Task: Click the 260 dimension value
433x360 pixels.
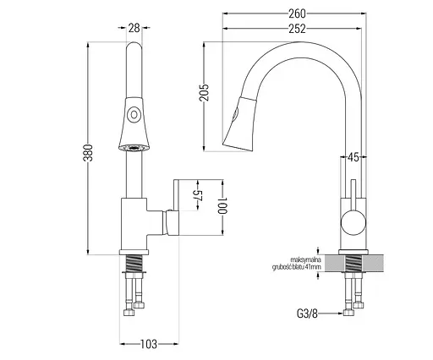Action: click(x=297, y=14)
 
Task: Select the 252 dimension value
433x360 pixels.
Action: click(x=297, y=29)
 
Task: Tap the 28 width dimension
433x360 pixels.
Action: click(x=134, y=28)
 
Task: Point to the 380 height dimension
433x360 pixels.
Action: click(x=88, y=152)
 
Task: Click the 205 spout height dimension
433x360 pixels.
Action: click(x=204, y=92)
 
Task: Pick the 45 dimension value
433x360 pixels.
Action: click(x=353, y=157)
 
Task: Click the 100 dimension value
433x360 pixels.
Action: click(x=222, y=205)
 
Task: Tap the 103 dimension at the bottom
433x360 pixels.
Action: click(x=148, y=344)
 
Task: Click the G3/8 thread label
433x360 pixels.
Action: click(x=307, y=314)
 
